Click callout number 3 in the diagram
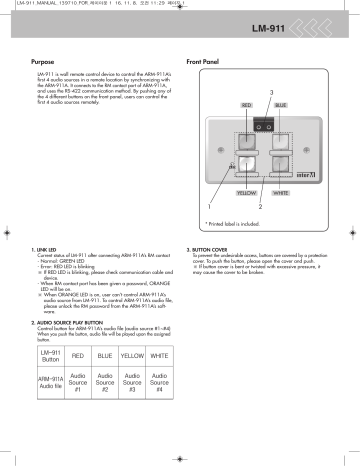[270, 93]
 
